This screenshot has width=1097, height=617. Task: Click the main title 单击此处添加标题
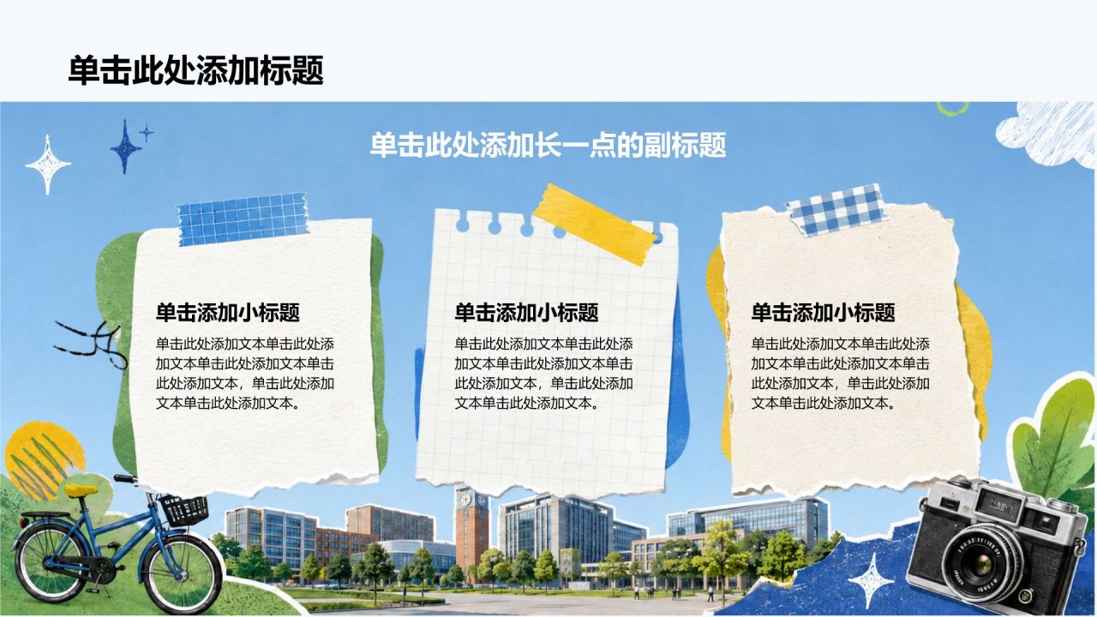[x=196, y=70]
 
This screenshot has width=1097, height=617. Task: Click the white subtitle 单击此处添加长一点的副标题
[x=548, y=145]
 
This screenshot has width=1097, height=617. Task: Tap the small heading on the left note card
[x=228, y=313]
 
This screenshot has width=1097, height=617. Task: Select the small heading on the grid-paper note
[x=526, y=313]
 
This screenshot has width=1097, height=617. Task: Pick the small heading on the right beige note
[x=824, y=313]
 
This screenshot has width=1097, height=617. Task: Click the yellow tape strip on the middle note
[x=594, y=225]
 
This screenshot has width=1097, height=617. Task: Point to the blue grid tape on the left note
[x=243, y=219]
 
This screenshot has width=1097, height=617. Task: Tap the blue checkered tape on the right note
[x=837, y=210]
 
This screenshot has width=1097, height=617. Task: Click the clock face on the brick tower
[x=465, y=500]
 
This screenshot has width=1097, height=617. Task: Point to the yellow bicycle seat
[x=81, y=489]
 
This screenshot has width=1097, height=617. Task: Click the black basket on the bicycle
[x=184, y=510]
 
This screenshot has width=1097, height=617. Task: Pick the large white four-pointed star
[x=47, y=165]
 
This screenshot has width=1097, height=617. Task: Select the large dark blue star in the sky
[x=125, y=147]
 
